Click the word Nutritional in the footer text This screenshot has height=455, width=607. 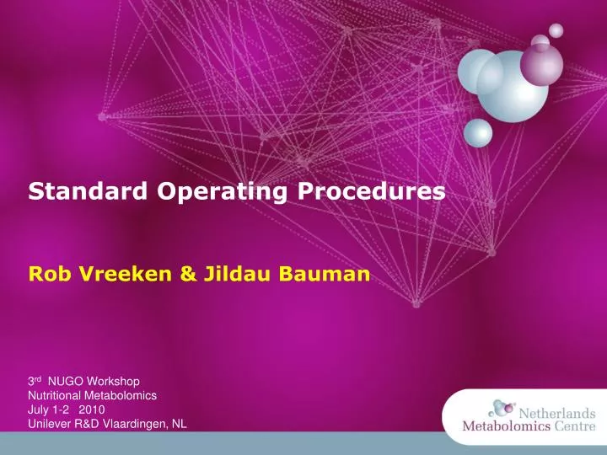56,395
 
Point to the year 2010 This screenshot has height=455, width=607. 92,409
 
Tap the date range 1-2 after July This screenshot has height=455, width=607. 62,409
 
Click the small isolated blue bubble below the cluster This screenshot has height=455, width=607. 478,133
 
